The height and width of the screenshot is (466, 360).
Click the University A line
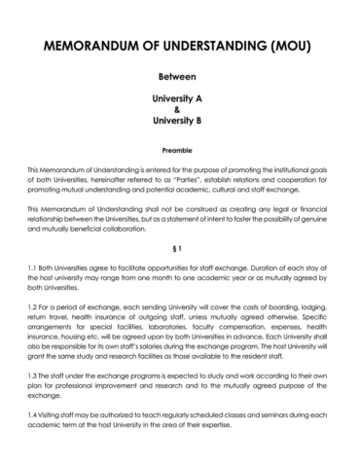[179, 99]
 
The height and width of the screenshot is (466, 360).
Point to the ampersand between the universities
[179, 111]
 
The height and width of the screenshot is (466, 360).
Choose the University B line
[179, 123]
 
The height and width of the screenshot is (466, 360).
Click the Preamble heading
[179, 152]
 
